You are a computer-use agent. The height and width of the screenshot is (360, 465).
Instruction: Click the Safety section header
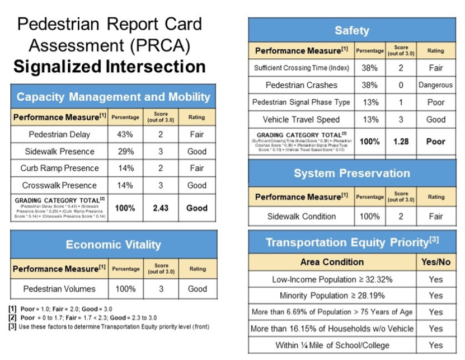351,30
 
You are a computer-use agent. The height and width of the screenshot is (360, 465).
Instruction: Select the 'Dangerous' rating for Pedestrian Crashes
435,85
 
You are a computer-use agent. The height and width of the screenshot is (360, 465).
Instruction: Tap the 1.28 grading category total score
401,142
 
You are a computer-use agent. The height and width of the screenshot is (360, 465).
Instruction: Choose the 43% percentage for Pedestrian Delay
125,134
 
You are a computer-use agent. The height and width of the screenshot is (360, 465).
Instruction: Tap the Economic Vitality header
113,245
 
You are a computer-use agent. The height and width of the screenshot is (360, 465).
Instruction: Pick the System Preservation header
351,173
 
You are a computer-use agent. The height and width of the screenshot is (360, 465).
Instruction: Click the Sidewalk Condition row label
300,216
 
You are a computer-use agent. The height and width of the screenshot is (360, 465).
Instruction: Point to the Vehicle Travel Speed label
300,119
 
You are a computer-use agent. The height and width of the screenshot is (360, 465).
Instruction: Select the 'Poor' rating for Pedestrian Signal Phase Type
435,102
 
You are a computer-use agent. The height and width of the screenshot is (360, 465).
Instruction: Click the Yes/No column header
435,262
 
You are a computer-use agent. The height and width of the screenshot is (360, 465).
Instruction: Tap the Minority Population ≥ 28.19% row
332,296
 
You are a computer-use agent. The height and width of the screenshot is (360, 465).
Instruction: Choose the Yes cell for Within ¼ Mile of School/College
435,345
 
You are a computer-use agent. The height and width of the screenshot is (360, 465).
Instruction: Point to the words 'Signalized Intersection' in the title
110,67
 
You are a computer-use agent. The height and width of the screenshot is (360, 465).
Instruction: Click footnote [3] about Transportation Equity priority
109,326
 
